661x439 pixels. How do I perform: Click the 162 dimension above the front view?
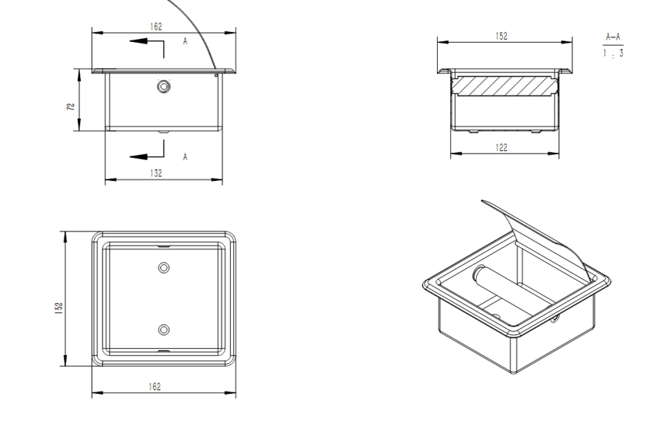[x=156, y=26]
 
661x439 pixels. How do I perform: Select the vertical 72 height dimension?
[x=70, y=106]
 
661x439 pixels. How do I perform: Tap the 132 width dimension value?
[x=156, y=173]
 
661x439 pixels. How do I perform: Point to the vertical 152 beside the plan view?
[x=58, y=308]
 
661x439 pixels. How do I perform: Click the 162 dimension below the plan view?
[x=155, y=386]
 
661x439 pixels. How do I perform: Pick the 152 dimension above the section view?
[x=502, y=36]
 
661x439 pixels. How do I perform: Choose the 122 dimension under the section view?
[x=502, y=148]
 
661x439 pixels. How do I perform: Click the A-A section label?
[x=613, y=37]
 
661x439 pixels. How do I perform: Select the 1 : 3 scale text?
[x=613, y=54]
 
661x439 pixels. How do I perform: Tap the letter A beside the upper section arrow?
[x=185, y=41]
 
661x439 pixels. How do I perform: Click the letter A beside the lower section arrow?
[x=185, y=157]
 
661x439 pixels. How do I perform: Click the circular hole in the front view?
[x=164, y=86]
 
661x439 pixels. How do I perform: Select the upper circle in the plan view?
[x=163, y=267]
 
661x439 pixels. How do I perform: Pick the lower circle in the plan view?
[x=163, y=329]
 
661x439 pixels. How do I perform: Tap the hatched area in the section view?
[x=503, y=85]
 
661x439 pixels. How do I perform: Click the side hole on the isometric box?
[x=554, y=320]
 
